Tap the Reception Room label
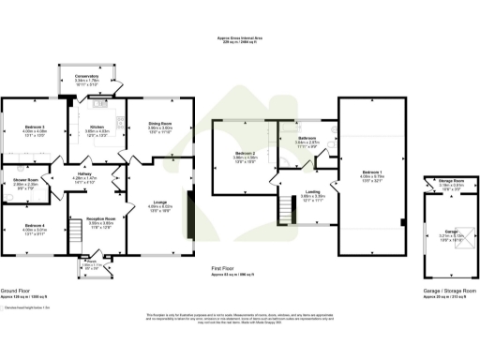click(x=99, y=218)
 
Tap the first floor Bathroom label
click(x=309, y=138)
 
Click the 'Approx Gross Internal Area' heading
click(x=239, y=37)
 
